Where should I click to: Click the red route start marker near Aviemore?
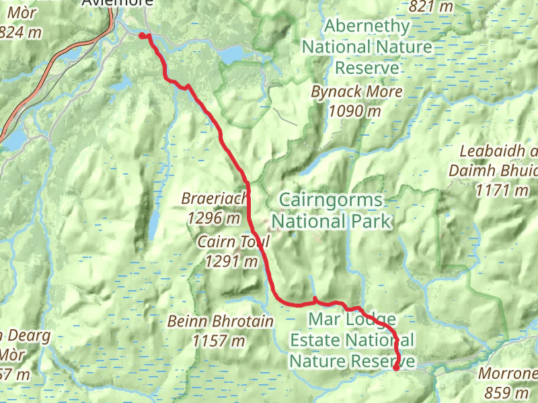(x=143, y=36)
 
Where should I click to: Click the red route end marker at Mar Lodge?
(x=396, y=367)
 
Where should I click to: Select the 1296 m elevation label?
(x=214, y=218)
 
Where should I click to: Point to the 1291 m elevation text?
(x=231, y=261)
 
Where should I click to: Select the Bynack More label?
(x=357, y=92)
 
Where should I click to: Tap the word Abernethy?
(x=366, y=27)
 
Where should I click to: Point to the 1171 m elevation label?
(x=502, y=191)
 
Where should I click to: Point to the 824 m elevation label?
(x=20, y=32)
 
